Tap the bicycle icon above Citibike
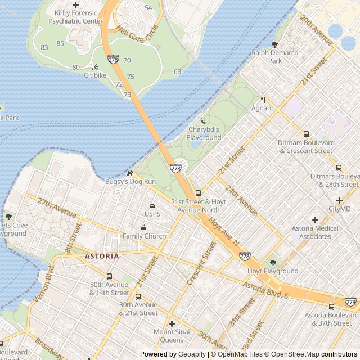tap(95, 67)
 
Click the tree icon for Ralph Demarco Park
tap(274, 44)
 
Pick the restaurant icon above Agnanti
tap(263, 100)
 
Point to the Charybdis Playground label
tap(204, 133)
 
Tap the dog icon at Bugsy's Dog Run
tap(130, 173)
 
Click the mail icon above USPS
tap(152, 206)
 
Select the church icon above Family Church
tap(144, 228)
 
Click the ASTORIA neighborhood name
tap(102, 256)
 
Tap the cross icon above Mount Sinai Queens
tap(172, 323)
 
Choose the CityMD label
tap(339, 209)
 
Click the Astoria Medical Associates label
tap(315, 232)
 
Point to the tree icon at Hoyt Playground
tap(273, 263)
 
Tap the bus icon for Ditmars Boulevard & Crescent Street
tap(306, 134)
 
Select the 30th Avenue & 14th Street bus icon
tap(109, 277)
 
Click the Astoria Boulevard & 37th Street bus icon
tap(331, 307)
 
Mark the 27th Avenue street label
tap(56, 208)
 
